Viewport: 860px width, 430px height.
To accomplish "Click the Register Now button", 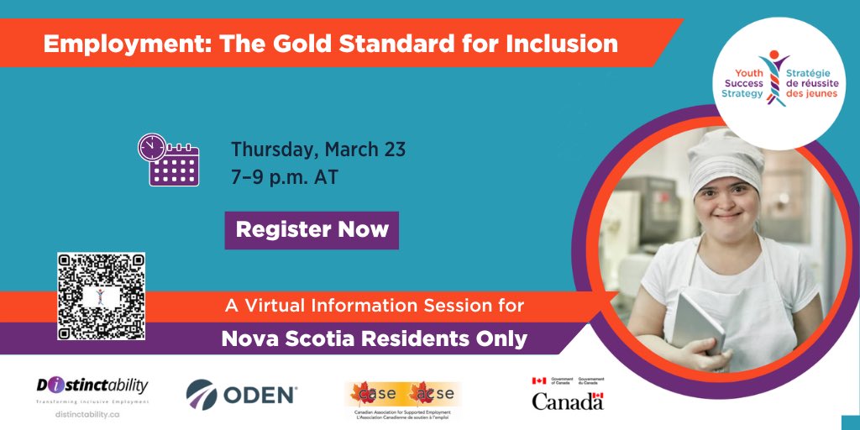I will [x=312, y=229].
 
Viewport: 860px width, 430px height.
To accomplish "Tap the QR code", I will [x=101, y=296].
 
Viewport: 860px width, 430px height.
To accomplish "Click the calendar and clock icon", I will [x=168, y=160].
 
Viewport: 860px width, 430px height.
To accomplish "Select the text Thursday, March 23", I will [x=318, y=150].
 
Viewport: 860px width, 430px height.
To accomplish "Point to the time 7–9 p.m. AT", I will [x=285, y=178].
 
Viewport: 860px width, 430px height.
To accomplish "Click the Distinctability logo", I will [x=92, y=386].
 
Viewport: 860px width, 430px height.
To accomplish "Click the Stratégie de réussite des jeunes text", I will [x=811, y=83].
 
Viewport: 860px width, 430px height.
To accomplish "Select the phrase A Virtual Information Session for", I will [x=374, y=306].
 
